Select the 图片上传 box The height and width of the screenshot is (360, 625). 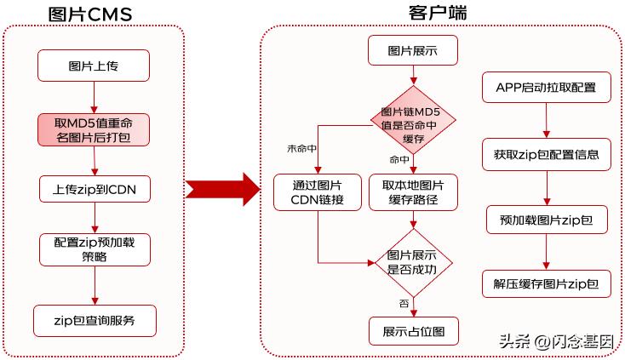pos(94,65)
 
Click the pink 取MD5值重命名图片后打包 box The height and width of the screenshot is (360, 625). pos(94,129)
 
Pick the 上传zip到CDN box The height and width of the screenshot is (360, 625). pos(95,188)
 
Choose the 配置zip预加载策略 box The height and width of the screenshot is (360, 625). pos(95,249)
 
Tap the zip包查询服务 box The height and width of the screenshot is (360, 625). pos(95,321)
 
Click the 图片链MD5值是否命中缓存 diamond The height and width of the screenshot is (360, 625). pos(413,119)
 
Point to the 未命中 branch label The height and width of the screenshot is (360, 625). pos(303,149)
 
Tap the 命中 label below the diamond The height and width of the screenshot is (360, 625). pos(399,159)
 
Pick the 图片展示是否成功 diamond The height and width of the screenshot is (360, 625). pos(413,262)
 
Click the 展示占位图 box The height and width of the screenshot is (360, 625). pos(413,330)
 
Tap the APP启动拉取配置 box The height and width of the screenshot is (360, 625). pos(545,87)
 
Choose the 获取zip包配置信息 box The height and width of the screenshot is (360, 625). pos(545,155)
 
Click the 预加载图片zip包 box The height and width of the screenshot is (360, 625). pos(545,220)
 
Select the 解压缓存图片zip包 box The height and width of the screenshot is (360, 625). pos(545,283)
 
